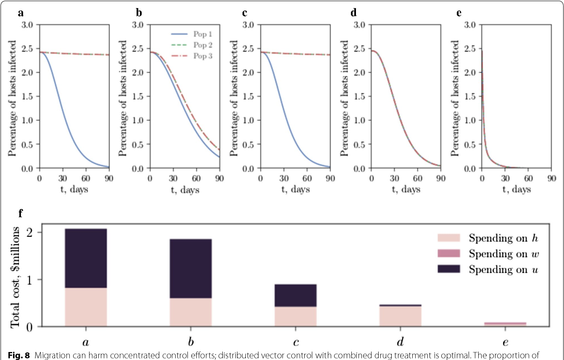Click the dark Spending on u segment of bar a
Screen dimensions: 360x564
pyautogui.click(x=86, y=258)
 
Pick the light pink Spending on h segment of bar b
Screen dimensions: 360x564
pyautogui.click(x=190, y=312)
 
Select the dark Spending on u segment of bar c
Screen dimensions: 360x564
pyautogui.click(x=295, y=296)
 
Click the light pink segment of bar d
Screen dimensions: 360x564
pyautogui.click(x=400, y=315)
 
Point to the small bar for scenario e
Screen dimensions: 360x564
pyautogui.click(x=505, y=324)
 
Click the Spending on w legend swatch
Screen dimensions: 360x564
pyautogui.click(x=450, y=254)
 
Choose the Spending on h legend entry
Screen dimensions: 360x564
pyautogui.click(x=488, y=238)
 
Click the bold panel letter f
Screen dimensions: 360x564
pyautogui.click(x=20, y=213)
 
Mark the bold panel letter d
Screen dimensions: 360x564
pyautogui.click(x=353, y=13)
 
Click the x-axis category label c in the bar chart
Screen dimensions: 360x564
pyautogui.click(x=295, y=339)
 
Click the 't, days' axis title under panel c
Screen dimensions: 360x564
pyautogui.click(x=295, y=190)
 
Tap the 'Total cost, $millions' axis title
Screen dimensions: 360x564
pyautogui.click(x=16, y=277)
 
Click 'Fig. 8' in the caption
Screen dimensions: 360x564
pyautogui.click(x=13, y=352)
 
